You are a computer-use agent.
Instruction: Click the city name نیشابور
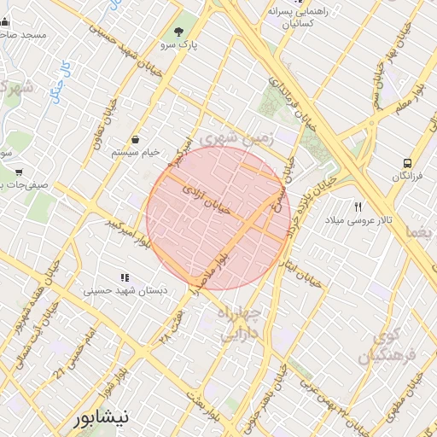102,418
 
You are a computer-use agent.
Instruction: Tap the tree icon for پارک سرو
178,31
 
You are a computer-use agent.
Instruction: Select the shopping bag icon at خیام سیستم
136,139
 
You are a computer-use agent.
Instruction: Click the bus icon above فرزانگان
407,162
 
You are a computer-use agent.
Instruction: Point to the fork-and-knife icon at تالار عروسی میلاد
358,207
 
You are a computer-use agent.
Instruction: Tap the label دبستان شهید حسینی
125,290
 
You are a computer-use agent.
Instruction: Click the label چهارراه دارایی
244,324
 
